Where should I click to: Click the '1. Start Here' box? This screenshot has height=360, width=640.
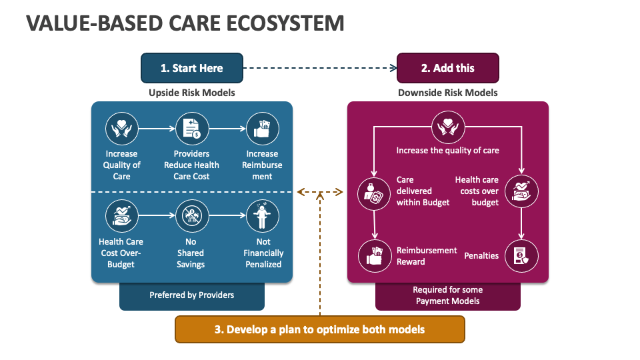pos(191,68)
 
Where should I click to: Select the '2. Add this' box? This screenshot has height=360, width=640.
pos(447,68)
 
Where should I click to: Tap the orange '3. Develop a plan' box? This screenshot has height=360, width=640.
pos(319,329)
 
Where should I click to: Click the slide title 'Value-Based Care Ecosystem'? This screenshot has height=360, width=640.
pos(185,23)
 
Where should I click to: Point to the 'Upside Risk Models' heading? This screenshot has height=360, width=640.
pos(191,93)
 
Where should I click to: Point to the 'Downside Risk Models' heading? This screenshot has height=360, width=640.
pos(447,93)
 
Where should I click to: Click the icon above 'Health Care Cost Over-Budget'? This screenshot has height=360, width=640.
pos(122,216)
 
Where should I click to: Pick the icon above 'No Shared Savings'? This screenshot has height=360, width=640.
pos(191,216)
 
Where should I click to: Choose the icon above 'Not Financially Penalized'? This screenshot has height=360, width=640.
pos(262,216)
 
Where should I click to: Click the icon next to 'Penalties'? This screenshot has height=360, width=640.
pos(520,256)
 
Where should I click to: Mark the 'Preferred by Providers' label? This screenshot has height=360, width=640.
pos(191,295)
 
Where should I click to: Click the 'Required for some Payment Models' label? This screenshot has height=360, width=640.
pos(447,295)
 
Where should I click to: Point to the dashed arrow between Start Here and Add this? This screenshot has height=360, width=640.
pos(319,67)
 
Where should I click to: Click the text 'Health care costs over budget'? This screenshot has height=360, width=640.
pos(477,191)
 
